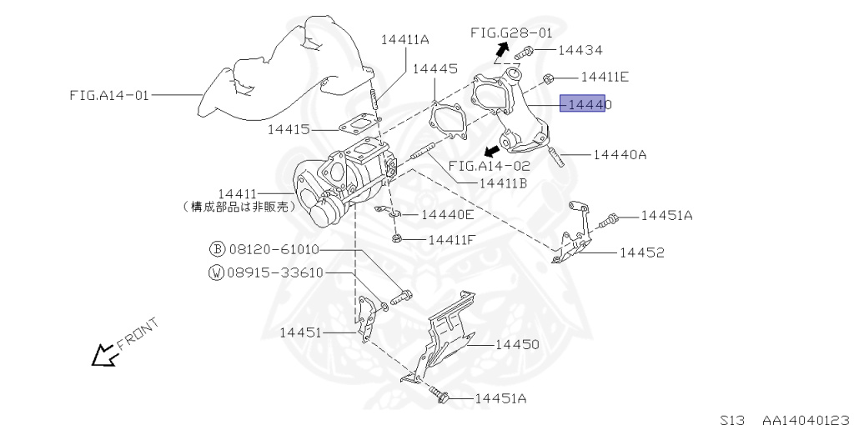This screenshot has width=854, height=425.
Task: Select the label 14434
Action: pyautogui.click(x=580, y=50)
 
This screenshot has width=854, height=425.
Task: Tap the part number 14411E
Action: pyautogui.click(x=604, y=77)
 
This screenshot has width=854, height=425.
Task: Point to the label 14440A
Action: pyautogui.click(x=620, y=154)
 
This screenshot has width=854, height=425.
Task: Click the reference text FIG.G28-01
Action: pyautogui.click(x=510, y=33)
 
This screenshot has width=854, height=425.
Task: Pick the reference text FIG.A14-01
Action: pyautogui.click(x=109, y=95)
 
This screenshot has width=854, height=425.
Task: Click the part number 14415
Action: pyautogui.click(x=289, y=129)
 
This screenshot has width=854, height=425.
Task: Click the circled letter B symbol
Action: pyautogui.click(x=216, y=249)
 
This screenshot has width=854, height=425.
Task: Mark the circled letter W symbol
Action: pyautogui.click(x=216, y=272)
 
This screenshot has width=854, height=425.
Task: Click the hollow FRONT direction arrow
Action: pyautogui.click(x=104, y=355)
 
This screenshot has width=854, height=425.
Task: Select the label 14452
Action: pyautogui.click(x=641, y=252)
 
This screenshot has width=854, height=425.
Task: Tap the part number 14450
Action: pyautogui.click(x=517, y=343)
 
